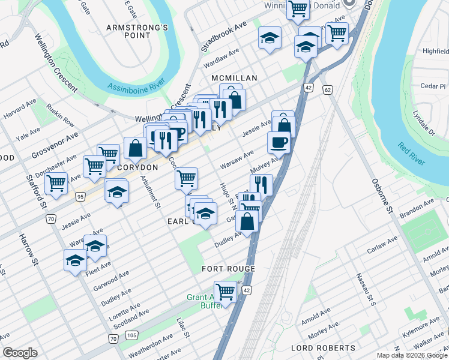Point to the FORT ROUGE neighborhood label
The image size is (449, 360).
tap(229, 269)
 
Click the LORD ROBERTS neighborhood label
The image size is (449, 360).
tap(324, 348)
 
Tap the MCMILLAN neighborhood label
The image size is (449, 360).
tap(234, 79)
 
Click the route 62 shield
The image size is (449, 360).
tap(327, 90)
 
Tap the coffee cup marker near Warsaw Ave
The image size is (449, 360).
tap(279, 142)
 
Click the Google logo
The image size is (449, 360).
tap(20, 353)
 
